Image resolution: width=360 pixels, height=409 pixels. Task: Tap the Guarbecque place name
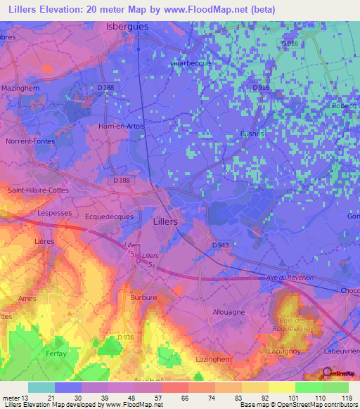click(x=191, y=63)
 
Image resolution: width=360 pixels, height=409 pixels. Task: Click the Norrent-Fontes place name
click(x=29, y=141)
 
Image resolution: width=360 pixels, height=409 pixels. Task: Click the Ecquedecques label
click(x=109, y=217)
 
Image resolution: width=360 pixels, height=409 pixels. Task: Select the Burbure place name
click(x=143, y=298)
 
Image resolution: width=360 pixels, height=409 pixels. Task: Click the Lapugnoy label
click(x=284, y=351)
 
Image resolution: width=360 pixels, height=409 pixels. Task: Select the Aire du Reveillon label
click(x=290, y=278)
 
